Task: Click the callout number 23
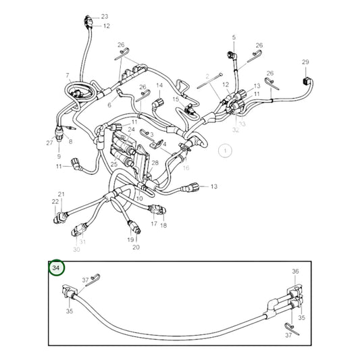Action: coord(105,16)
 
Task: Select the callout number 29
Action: coord(305,62)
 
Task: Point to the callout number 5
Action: coord(234,37)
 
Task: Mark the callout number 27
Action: coord(49,143)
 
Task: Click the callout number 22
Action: coord(55,201)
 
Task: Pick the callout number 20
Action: coord(136,247)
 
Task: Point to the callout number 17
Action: coord(154,224)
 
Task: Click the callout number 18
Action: coord(163,225)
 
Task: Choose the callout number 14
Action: coord(160,86)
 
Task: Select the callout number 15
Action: coord(175,99)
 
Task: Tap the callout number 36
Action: coord(295,271)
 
